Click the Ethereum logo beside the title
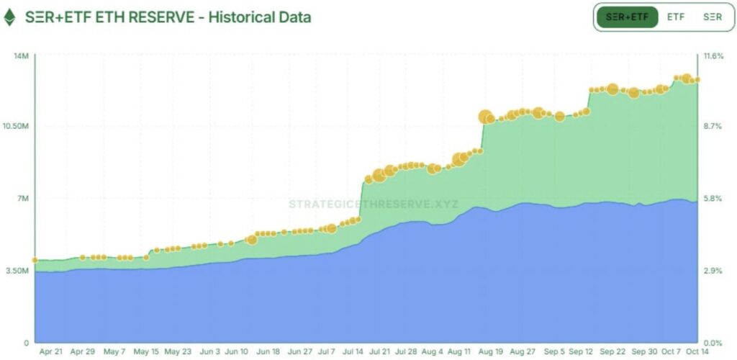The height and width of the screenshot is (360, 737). [9, 17]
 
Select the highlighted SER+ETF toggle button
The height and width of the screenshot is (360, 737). [627, 17]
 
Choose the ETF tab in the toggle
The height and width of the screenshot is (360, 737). [675, 17]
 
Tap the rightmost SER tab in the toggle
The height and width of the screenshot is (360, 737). [712, 17]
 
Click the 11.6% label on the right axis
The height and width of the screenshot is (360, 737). [713, 55]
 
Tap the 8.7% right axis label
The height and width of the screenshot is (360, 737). [713, 126]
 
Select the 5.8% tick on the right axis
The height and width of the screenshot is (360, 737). [713, 198]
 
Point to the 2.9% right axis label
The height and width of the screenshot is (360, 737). [713, 271]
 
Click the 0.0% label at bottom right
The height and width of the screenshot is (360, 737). [713, 343]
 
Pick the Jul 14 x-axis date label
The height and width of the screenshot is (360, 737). [353, 352]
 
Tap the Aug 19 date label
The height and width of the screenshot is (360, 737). [489, 352]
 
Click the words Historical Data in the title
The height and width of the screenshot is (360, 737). [260, 17]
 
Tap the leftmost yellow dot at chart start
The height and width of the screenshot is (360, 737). [35, 260]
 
